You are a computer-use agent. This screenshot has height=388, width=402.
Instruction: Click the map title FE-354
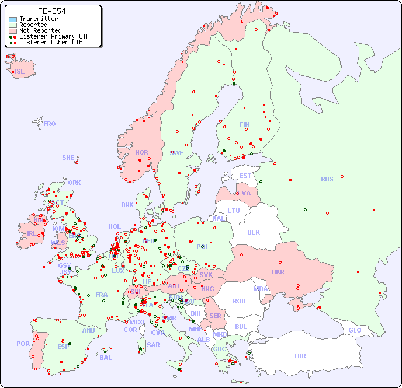tap(51, 11)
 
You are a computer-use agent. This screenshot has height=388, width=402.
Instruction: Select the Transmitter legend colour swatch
tap(13, 19)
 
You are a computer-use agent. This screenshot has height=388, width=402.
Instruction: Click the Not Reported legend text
tap(40, 30)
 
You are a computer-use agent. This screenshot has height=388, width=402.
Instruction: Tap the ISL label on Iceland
tap(20, 72)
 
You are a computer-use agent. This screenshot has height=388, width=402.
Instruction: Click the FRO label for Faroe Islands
tap(50, 124)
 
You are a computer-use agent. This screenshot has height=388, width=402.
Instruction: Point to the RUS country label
tap(327, 179)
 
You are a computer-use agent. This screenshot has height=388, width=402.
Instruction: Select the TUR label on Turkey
tap(300, 356)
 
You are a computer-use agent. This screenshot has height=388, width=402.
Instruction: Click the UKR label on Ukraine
tap(278, 272)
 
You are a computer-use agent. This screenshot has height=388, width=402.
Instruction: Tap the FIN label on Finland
tap(244, 124)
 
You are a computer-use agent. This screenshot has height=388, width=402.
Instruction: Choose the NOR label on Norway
tap(141, 152)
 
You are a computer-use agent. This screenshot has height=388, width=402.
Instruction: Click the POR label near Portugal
tap(23, 344)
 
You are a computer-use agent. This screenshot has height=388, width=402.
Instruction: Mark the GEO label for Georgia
tap(355, 330)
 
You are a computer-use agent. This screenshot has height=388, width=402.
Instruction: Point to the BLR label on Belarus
tap(253, 232)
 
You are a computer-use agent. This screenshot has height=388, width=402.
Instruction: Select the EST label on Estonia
tap(245, 176)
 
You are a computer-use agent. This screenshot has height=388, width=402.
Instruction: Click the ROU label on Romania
tap(239, 301)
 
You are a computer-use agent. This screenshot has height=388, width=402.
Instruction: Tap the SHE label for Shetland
tap(68, 158)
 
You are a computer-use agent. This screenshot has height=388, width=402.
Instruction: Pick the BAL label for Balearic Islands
tap(106, 358)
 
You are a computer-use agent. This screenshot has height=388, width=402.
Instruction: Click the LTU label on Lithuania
tap(234, 211)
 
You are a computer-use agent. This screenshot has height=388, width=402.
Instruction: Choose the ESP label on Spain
tap(63, 347)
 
